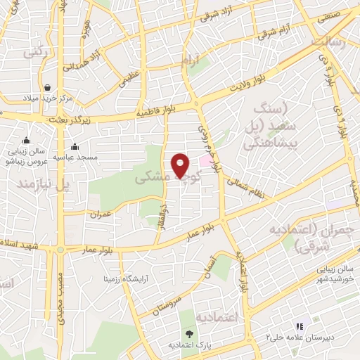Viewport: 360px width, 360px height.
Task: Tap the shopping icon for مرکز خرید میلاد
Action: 46,88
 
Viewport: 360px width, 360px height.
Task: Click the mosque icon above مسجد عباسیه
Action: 75,147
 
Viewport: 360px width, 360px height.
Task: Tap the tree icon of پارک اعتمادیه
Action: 188,333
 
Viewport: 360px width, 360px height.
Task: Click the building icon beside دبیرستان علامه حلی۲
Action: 299,327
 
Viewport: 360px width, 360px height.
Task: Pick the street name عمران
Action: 103,212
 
